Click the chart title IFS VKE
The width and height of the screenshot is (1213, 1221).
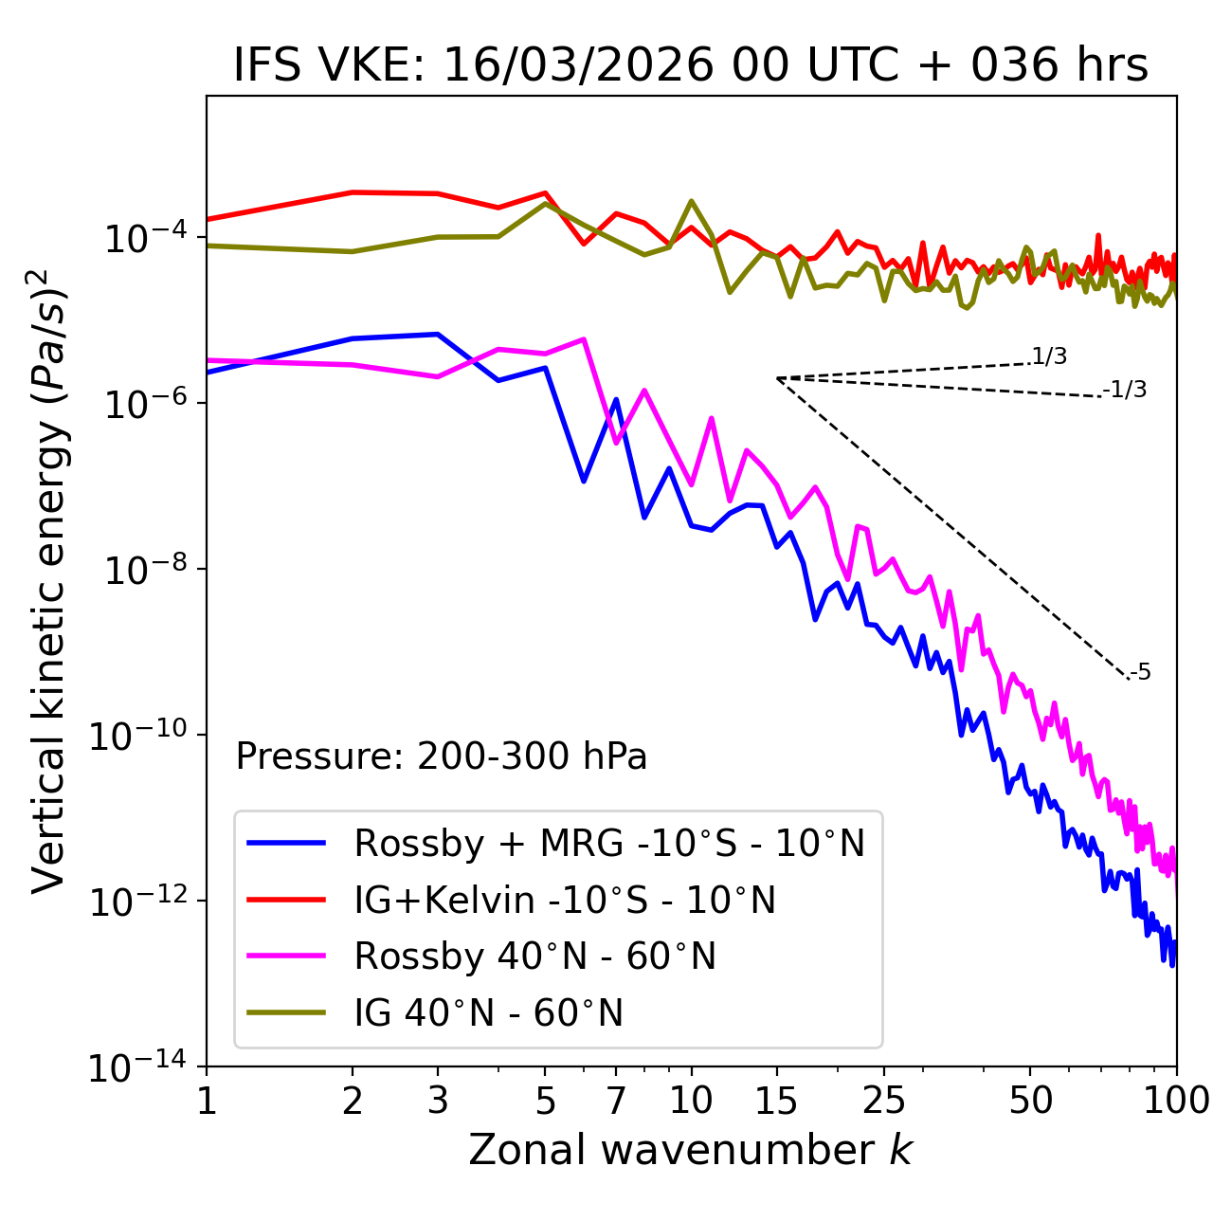point(691,65)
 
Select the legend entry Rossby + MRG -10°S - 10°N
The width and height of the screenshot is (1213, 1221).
point(608,843)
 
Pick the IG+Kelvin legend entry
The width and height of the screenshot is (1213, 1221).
point(565,900)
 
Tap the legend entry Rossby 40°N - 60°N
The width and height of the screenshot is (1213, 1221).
point(534,957)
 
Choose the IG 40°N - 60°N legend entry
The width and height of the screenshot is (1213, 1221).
point(488,1013)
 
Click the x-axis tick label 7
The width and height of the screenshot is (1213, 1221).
point(616,1101)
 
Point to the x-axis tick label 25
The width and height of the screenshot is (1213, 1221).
point(884,1101)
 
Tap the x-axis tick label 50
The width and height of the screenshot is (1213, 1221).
point(1030,1101)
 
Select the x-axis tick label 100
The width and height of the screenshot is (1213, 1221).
point(1176,1101)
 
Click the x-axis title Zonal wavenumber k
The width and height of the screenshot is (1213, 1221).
point(691,1150)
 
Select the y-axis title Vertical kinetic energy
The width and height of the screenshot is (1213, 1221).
point(49,581)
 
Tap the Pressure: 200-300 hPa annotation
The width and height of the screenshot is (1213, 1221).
point(441,756)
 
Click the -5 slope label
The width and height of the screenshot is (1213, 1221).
point(1140,672)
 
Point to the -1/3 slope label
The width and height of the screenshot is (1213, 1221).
point(1126,389)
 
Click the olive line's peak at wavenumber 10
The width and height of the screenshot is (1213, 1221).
point(691,201)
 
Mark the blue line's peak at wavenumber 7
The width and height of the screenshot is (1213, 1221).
point(616,399)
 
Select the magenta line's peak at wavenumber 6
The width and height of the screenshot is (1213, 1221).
point(584,338)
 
